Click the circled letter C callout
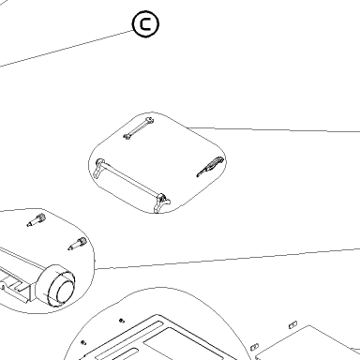[x=145, y=24]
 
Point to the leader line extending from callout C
[x=67, y=49]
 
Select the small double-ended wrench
[x=139, y=128]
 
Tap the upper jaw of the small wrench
[x=150, y=120]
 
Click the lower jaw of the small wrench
[x=127, y=136]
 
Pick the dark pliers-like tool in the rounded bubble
[x=210, y=167]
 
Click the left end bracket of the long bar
[x=98, y=168]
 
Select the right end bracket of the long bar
[x=162, y=203]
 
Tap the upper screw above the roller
[x=37, y=220]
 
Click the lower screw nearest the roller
[x=77, y=244]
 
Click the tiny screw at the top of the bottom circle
[x=122, y=321]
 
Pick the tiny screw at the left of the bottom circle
[x=83, y=343]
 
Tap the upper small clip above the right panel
[x=292, y=325]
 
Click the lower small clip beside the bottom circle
[x=255, y=347]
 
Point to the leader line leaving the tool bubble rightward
[x=273, y=129]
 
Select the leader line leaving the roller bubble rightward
[x=227, y=259]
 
